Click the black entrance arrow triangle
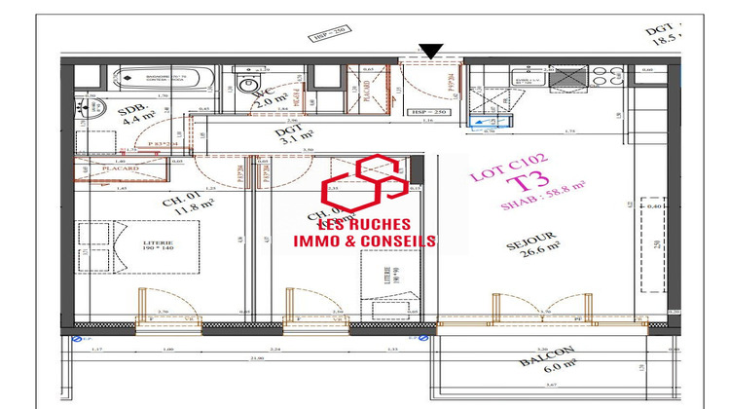click(432, 52)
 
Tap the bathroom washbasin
click(91, 114)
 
